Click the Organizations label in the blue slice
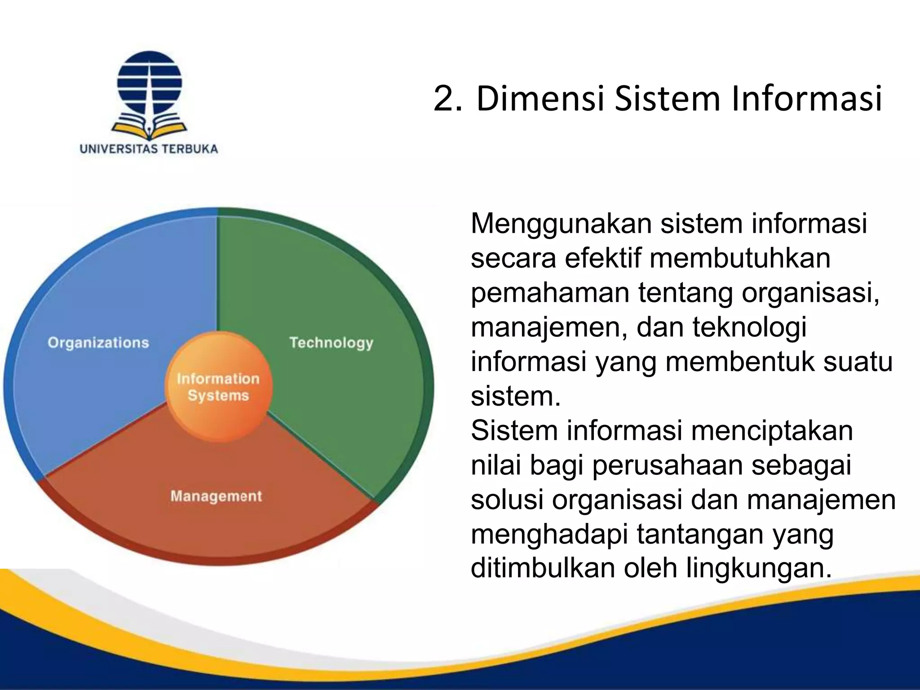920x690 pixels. pos(98,343)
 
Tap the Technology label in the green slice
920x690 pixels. pos(331,343)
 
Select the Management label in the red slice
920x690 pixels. pos(216,496)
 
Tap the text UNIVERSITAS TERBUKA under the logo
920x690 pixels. pos(149,149)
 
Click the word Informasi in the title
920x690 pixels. pos(806,98)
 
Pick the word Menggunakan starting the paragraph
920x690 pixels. pos(562,224)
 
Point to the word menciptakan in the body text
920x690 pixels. pos(772,430)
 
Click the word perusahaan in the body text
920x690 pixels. pos(668,465)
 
